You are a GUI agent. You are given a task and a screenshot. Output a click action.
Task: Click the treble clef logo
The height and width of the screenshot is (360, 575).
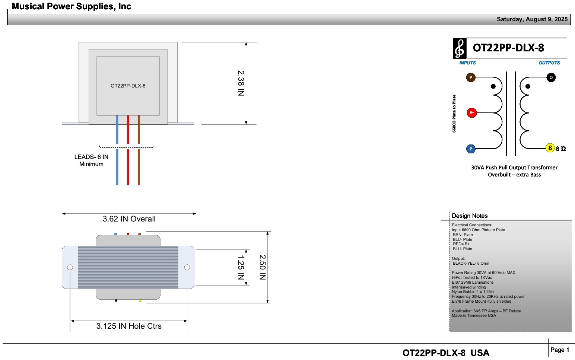point(460,48)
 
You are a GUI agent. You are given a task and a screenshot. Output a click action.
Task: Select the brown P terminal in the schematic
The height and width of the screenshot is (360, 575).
point(471,77)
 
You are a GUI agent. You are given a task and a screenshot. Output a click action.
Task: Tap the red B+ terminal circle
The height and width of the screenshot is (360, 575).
point(472,113)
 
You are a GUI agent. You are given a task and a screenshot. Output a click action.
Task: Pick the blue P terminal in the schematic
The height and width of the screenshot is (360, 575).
point(471,149)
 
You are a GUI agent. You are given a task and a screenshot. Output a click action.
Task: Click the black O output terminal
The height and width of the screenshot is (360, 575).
point(551,77)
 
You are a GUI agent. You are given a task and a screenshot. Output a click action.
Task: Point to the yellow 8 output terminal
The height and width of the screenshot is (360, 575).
point(550,148)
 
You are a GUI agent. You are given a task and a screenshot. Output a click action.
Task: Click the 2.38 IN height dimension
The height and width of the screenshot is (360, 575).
point(241,83)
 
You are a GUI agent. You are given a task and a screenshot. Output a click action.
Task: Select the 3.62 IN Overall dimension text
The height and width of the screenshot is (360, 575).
point(129,219)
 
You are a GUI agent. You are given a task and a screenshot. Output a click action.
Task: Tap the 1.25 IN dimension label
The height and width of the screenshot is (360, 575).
point(241,267)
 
